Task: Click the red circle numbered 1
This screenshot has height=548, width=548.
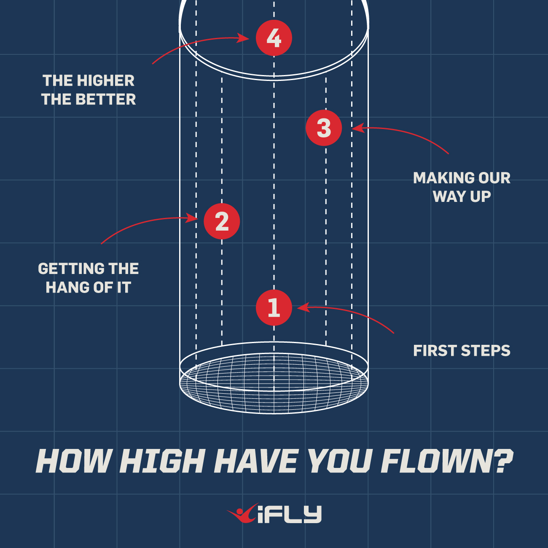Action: [x=274, y=308]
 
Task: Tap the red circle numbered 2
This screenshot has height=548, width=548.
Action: [x=222, y=221]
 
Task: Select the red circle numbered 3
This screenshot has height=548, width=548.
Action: [x=324, y=128]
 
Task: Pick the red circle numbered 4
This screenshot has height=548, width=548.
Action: [x=274, y=38]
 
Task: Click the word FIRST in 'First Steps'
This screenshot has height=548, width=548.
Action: [x=434, y=351]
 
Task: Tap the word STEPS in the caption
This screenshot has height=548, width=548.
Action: [x=486, y=351]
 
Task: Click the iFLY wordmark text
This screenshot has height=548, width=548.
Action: [x=289, y=515]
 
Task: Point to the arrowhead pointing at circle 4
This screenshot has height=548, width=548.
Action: [x=244, y=38]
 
